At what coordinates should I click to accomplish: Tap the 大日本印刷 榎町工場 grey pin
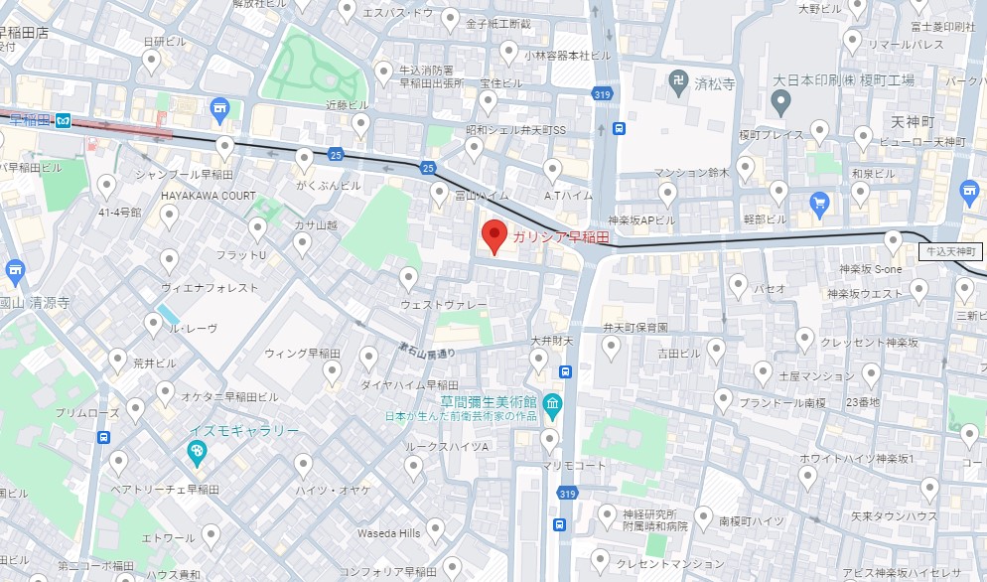pyautogui.click(x=781, y=99)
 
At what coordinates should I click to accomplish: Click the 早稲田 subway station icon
pyautogui.click(x=64, y=120)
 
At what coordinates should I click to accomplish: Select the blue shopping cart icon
pyautogui.click(x=819, y=204)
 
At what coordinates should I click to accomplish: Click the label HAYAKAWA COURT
pyautogui.click(x=209, y=196)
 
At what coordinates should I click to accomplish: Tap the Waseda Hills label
pyautogui.click(x=388, y=533)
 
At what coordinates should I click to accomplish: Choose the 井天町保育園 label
pyautogui.click(x=635, y=327)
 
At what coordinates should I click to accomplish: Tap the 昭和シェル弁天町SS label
pyautogui.click(x=515, y=130)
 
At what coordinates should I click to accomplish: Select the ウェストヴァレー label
pyautogui.click(x=444, y=304)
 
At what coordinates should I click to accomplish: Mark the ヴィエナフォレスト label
pyautogui.click(x=210, y=287)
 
